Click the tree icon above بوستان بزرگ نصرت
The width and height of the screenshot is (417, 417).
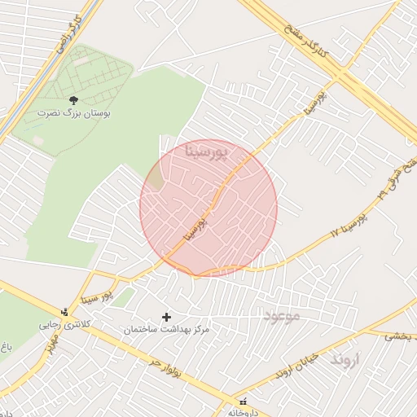coord(74,99)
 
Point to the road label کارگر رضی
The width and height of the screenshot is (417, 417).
coord(68,33)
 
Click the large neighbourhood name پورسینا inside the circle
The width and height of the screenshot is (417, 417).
coord(208,151)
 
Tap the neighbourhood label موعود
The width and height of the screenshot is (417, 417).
coord(283,314)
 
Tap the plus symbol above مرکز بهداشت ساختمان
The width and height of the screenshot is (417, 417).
coord(168,317)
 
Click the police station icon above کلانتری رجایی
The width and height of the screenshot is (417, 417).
coord(64,312)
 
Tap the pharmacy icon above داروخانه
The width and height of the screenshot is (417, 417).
coord(242,402)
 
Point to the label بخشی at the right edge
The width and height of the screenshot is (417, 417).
coord(398,335)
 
